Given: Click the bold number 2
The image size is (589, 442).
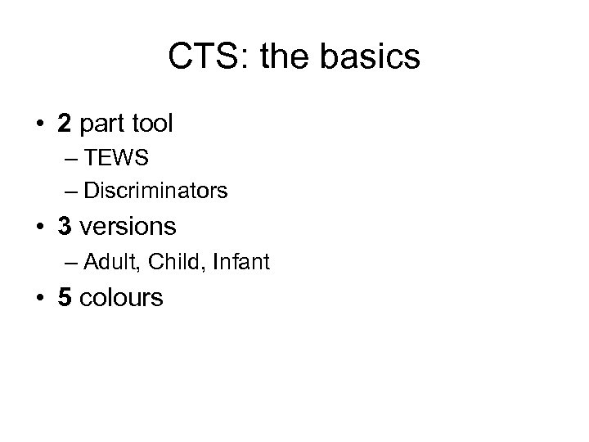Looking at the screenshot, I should [x=65, y=125].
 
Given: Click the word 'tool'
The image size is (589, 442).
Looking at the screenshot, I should [x=153, y=125].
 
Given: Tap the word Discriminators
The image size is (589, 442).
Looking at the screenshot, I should [x=155, y=192].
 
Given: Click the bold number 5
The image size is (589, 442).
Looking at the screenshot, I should [x=65, y=297].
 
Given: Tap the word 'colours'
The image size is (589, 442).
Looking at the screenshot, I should [x=122, y=298].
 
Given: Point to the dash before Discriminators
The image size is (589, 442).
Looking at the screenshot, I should [x=68, y=192].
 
